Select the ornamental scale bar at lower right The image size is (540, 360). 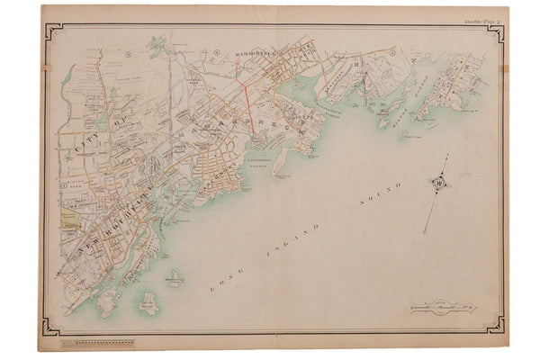point(442,306)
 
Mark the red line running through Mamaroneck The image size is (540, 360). point(248,99)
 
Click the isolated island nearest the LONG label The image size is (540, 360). point(173,282)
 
